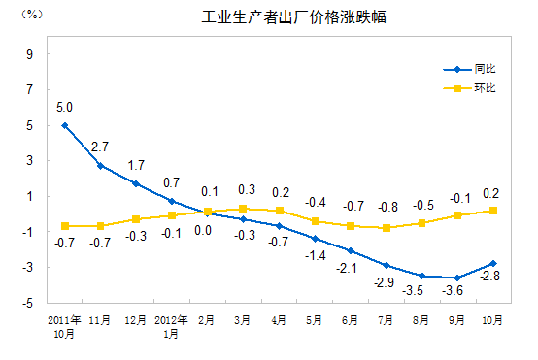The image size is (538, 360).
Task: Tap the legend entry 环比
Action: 485,89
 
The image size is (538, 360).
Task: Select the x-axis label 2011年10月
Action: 64,325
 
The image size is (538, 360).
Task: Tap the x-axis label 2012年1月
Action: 171,325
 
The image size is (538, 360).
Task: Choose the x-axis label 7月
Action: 385,318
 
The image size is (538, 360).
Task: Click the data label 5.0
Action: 65,107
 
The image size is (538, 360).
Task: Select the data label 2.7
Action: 100,147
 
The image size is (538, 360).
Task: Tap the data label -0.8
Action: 387,207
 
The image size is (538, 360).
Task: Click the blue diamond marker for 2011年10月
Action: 65,125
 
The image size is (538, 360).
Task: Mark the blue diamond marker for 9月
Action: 456,278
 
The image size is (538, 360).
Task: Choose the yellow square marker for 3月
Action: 243,209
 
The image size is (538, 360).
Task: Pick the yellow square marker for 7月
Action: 386,228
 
